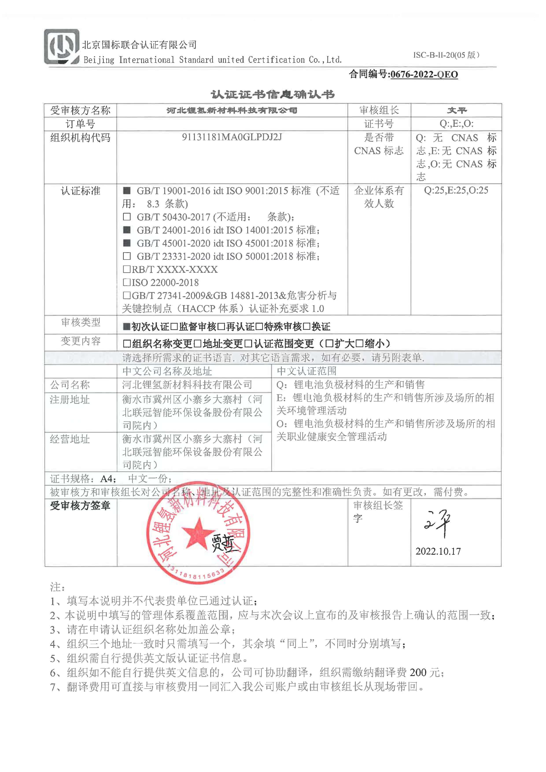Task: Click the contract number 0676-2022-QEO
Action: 424,74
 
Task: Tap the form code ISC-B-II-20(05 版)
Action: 446,55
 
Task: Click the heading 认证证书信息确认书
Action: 273,94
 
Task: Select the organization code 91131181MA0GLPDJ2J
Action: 232,137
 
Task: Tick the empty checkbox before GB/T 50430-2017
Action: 127,217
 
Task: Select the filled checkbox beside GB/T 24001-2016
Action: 127,230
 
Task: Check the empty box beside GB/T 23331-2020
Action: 127,256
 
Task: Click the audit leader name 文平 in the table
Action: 457,110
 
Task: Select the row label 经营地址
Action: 70,439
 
